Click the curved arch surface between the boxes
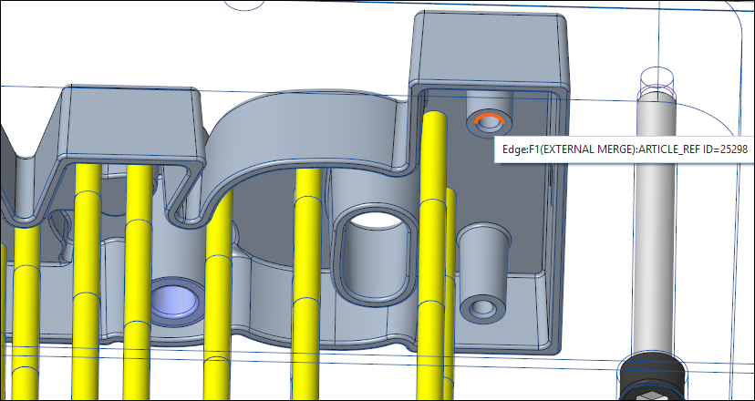(x=301, y=128)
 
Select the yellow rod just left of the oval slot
(x=307, y=264)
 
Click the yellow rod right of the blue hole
(x=220, y=292)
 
